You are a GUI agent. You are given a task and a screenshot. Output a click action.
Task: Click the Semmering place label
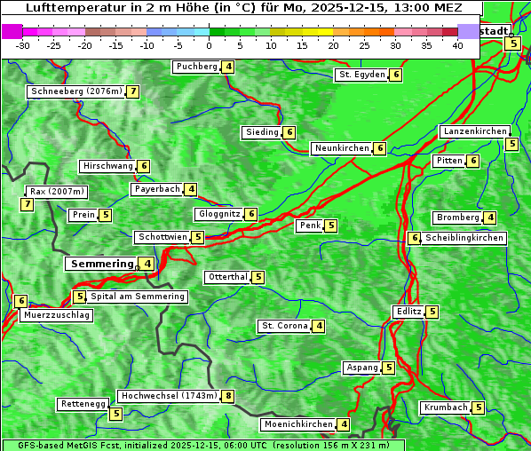click(101, 264)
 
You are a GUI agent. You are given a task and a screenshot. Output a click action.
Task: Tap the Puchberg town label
click(196, 67)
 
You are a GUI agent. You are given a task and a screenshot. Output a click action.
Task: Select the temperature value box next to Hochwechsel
click(228, 396)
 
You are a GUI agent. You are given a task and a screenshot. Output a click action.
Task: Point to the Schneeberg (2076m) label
click(75, 91)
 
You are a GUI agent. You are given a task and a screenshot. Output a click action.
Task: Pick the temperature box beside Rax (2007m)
click(28, 205)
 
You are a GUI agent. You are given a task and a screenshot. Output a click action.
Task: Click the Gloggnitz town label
click(218, 214)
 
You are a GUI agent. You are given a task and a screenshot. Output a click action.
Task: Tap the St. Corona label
click(284, 326)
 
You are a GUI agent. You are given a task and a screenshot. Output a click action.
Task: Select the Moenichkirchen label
click(297, 424)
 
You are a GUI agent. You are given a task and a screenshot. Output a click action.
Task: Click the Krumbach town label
click(445, 407)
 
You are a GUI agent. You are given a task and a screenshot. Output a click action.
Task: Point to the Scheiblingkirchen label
click(464, 238)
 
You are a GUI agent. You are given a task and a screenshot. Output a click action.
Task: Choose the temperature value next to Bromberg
click(490, 218)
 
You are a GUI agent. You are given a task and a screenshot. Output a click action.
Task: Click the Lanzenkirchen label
click(474, 131)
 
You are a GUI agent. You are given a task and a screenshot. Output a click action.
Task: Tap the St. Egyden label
click(361, 75)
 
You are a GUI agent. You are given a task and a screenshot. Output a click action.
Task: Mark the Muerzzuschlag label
click(57, 315)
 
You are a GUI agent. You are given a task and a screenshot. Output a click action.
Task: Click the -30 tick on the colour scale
click(23, 45)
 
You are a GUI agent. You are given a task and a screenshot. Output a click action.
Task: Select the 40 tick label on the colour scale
click(457, 45)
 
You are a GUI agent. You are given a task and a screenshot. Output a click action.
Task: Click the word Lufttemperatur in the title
click(69, 8)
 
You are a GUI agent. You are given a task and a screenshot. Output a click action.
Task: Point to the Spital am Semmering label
click(138, 297)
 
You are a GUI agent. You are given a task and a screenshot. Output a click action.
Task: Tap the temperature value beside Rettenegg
click(115, 414)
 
